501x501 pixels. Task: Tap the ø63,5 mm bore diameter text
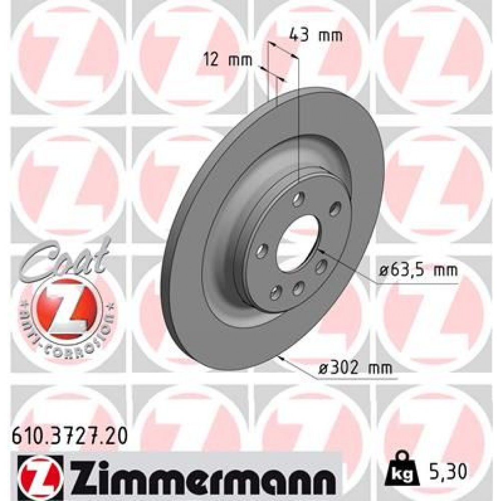click(x=418, y=271)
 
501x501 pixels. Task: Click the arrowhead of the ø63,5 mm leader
click(x=320, y=249)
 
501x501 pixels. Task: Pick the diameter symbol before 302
click(x=325, y=368)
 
